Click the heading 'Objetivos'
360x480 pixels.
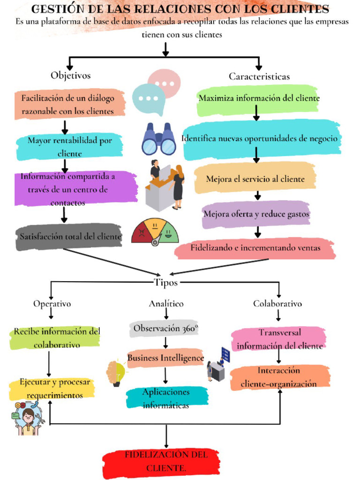point(71,75)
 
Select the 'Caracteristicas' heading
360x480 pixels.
point(259,76)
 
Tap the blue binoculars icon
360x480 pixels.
point(159,139)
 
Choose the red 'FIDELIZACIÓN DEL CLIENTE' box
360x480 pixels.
point(161,461)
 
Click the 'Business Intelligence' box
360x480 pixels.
point(165,358)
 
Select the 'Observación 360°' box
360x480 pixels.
point(165,329)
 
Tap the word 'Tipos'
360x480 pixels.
point(166,282)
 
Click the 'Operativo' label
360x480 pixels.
point(52,304)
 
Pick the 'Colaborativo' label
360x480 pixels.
point(277,304)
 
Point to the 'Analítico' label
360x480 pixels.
point(166,304)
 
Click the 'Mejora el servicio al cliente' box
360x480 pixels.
point(255,179)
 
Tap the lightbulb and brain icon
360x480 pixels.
point(116,373)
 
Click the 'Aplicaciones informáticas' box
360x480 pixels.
point(166,398)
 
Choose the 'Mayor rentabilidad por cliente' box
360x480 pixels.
point(70,147)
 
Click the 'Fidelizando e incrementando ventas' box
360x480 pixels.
point(255,248)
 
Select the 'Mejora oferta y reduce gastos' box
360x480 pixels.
point(256,214)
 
